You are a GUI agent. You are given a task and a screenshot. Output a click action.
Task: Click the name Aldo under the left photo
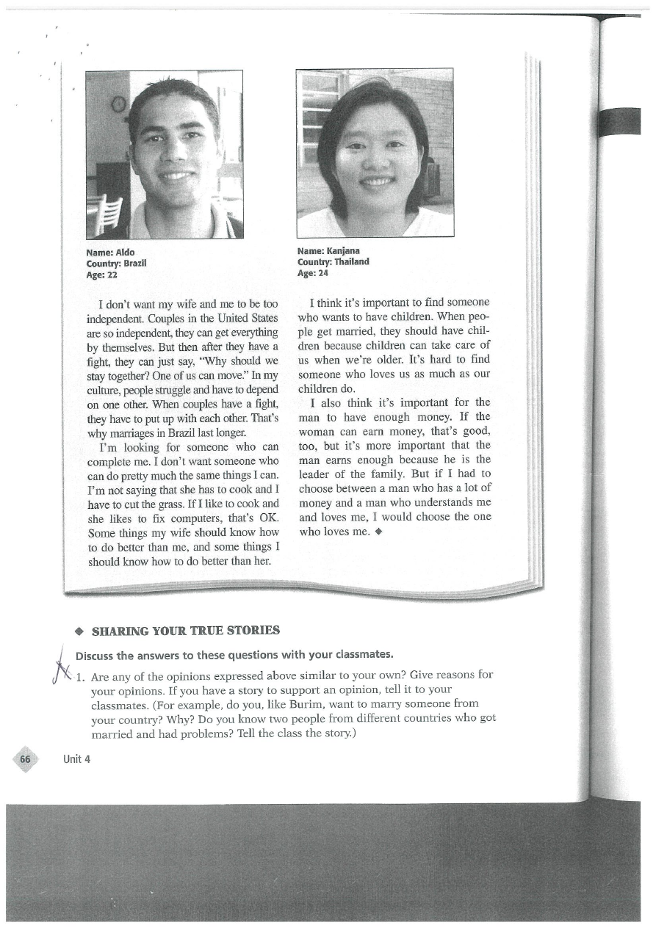(125, 253)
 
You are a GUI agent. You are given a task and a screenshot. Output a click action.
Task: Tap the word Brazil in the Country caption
(135, 264)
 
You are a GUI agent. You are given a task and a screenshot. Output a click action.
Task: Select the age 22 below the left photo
(112, 275)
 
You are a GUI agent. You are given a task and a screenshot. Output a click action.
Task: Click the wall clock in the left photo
(118, 104)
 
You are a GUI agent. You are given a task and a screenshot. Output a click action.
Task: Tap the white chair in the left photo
(109, 214)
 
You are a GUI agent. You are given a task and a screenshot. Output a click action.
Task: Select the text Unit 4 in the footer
(76, 759)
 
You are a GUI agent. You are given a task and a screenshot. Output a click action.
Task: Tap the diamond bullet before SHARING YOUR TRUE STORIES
(77, 631)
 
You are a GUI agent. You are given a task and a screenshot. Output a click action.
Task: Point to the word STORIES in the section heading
(253, 631)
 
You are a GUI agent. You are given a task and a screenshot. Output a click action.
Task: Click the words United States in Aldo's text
(249, 318)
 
